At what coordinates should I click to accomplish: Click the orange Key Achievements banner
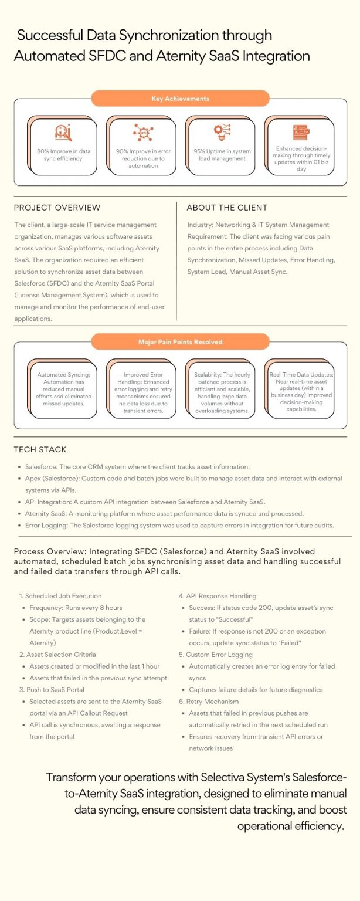pyautogui.click(x=180, y=99)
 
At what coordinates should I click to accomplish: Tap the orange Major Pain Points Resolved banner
pyautogui.click(x=180, y=341)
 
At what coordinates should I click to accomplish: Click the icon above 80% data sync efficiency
pyautogui.click(x=63, y=133)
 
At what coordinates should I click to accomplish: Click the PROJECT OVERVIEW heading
pyautogui.click(x=57, y=208)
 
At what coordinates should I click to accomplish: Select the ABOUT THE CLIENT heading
pyautogui.click(x=227, y=208)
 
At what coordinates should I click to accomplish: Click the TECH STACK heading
pyautogui.click(x=40, y=450)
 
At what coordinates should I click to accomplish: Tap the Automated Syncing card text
pyautogui.click(x=63, y=389)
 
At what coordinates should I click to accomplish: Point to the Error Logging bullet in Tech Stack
pyautogui.click(x=179, y=525)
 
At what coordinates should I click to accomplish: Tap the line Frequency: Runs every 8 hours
pyautogui.click(x=76, y=608)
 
